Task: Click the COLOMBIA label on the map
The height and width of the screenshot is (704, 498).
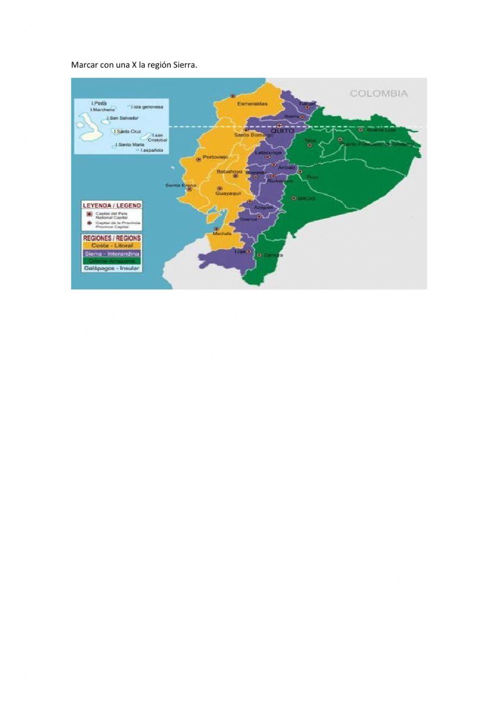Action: (x=378, y=93)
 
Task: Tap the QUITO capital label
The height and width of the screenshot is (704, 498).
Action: (x=282, y=131)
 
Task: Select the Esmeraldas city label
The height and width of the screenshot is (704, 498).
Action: (x=252, y=104)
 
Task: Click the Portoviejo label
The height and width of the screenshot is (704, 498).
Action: (x=215, y=157)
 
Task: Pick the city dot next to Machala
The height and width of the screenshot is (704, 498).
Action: (x=216, y=229)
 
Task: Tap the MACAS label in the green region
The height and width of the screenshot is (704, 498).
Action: (x=307, y=198)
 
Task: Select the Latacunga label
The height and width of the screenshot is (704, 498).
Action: (x=268, y=152)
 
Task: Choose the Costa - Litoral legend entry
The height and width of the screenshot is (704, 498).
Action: (x=112, y=246)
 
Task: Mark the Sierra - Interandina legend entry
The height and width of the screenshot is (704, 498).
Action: (x=112, y=254)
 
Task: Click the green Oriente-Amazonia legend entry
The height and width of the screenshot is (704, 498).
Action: (x=112, y=261)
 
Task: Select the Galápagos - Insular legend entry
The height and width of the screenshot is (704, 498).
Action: (x=112, y=269)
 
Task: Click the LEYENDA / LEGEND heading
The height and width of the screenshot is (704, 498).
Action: (x=112, y=205)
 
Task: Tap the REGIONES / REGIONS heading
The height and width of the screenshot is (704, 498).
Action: (x=112, y=238)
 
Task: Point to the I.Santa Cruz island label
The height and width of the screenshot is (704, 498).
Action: (x=128, y=132)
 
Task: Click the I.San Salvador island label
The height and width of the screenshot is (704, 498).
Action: (x=123, y=118)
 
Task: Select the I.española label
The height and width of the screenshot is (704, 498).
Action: (x=152, y=150)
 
